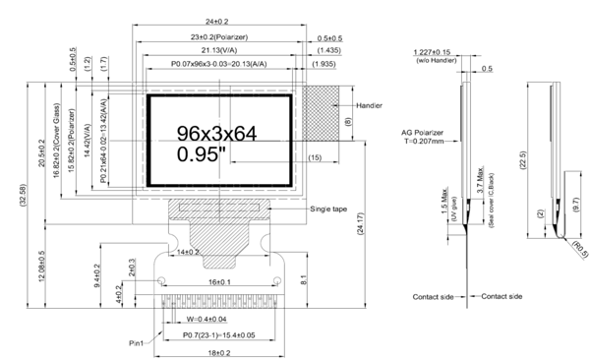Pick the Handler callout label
[369, 105]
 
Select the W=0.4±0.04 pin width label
[221, 319]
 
